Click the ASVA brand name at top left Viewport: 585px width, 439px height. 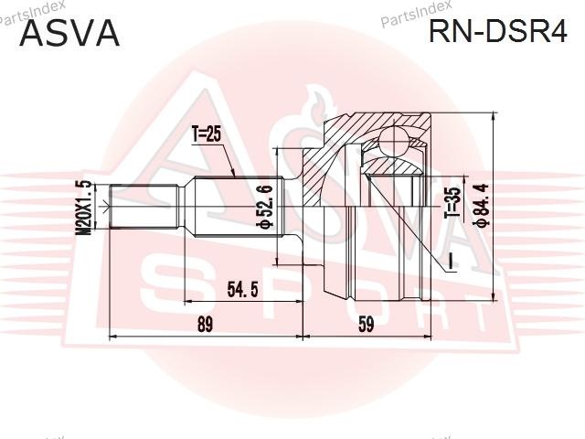point(69,33)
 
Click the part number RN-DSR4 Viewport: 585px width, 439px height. point(497,31)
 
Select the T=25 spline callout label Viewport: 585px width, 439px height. point(207,134)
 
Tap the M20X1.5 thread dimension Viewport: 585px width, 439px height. point(83,208)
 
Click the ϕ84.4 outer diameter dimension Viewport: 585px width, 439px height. point(481,205)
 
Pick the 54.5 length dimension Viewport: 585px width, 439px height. point(242,289)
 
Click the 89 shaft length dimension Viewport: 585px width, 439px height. point(205,324)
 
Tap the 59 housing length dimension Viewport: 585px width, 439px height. point(366,324)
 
